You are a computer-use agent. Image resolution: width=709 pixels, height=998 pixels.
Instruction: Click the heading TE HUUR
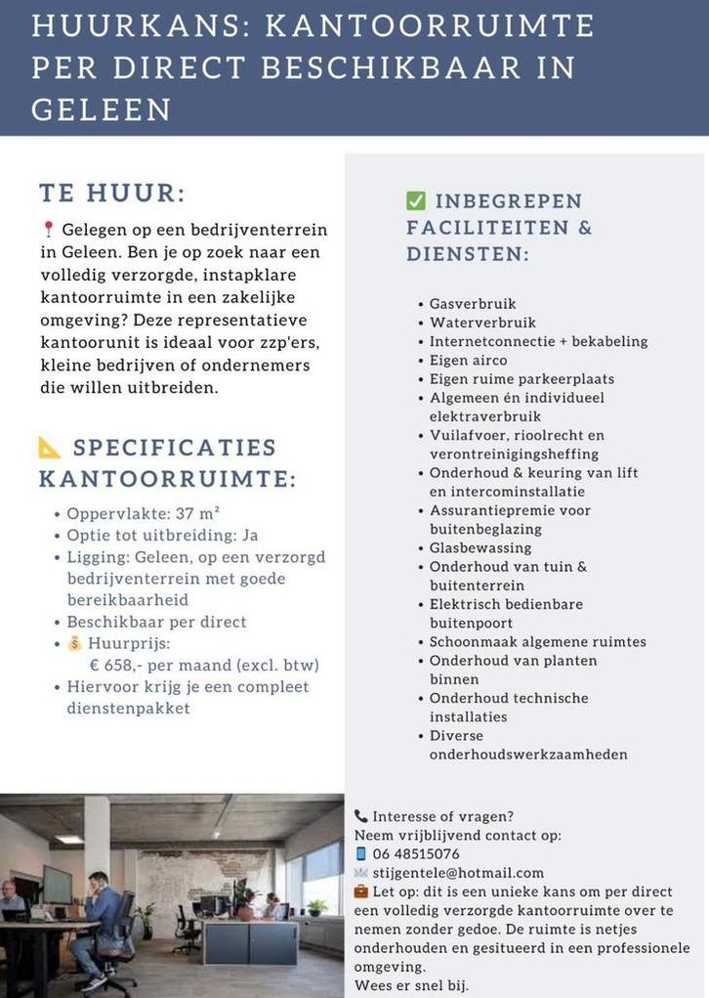click(112, 193)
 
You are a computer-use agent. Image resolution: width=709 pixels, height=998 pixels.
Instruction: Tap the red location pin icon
click(49, 230)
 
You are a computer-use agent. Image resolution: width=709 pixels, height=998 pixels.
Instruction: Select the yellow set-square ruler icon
click(50, 448)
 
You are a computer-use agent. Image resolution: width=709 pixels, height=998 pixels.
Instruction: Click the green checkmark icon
click(416, 201)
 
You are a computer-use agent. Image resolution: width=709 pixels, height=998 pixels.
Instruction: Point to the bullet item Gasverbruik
click(473, 304)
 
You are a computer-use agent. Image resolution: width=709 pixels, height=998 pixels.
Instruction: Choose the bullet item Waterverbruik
click(482, 323)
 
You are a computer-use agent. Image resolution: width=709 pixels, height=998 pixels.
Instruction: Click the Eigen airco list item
click(468, 361)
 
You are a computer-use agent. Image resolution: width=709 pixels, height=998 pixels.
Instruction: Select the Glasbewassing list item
click(480, 548)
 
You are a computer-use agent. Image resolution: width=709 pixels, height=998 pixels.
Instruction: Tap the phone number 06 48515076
click(415, 853)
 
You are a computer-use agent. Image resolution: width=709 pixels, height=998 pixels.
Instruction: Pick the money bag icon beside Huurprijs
click(75, 643)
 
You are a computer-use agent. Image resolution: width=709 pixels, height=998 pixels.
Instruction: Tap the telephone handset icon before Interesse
click(360, 816)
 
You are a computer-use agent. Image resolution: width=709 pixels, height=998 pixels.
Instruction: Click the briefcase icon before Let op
click(361, 891)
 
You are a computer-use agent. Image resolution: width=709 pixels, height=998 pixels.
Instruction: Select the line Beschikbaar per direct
click(156, 622)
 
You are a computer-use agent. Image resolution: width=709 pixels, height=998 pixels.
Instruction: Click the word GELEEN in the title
click(102, 109)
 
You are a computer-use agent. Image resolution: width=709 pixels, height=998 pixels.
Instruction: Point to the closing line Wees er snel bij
click(411, 984)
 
